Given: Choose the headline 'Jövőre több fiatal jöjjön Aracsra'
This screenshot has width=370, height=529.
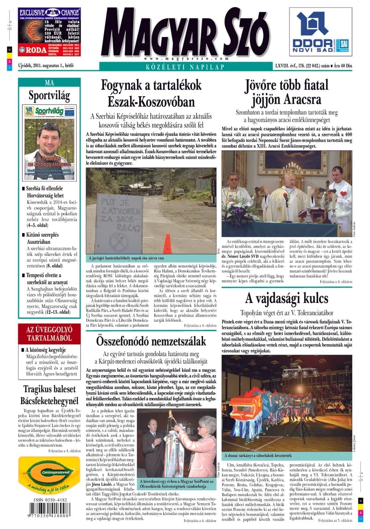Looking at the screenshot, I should click(x=286, y=92).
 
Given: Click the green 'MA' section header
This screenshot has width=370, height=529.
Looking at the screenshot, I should click(x=49, y=83).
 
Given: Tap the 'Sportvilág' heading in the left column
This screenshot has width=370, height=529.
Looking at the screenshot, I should click(x=49, y=96).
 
